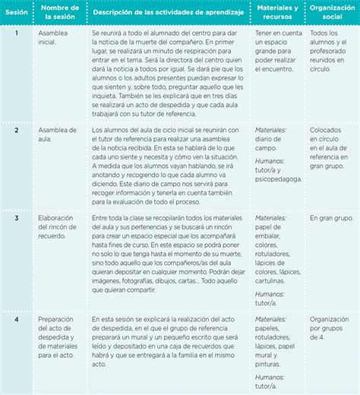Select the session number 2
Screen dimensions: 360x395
[17, 130]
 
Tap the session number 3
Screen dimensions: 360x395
[17, 218]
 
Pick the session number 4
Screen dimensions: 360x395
[17, 319]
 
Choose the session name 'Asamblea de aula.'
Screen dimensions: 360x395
[57, 134]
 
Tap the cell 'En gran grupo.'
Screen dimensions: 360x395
[331, 218]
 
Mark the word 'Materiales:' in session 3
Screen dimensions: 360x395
[272, 218]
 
